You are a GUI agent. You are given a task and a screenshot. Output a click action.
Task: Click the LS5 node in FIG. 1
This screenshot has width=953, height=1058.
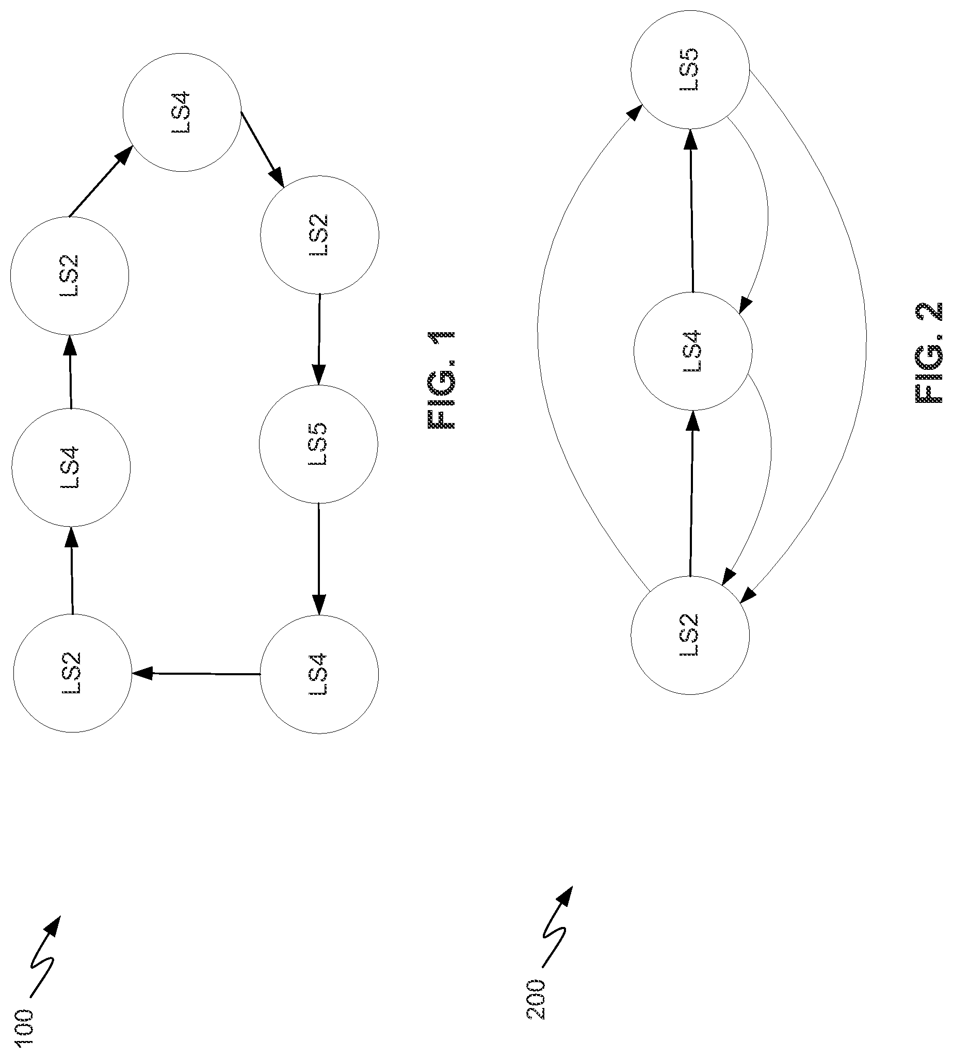click(x=319, y=445)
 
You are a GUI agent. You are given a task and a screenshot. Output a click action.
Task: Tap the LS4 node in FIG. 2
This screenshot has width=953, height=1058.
click(x=693, y=351)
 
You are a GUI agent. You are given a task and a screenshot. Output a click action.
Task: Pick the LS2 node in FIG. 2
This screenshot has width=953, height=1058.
click(x=690, y=635)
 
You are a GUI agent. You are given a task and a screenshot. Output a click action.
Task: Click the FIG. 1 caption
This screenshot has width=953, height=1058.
click(x=442, y=380)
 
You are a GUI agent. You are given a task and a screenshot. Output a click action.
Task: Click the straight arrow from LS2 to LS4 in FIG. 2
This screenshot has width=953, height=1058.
click(x=692, y=494)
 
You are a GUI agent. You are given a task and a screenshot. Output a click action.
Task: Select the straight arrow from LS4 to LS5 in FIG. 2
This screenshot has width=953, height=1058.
click(x=692, y=210)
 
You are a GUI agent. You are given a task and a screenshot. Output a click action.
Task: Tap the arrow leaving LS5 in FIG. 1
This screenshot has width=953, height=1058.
click(x=319, y=559)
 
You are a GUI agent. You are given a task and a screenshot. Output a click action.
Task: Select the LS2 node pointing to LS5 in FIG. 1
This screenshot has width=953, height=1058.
click(x=319, y=235)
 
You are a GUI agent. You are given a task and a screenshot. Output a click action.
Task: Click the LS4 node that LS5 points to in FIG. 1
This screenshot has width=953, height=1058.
click(x=319, y=674)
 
